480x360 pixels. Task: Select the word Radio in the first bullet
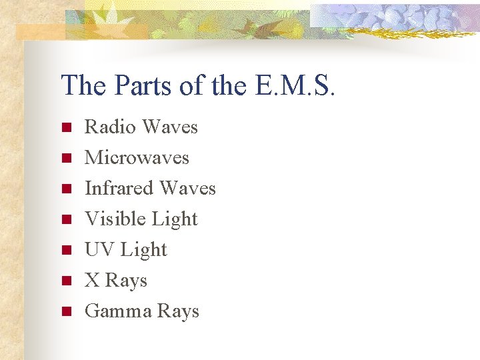tap(110, 127)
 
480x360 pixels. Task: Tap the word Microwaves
tap(137, 157)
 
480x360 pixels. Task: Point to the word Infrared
tap(118, 188)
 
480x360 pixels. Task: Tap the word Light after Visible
tap(175, 219)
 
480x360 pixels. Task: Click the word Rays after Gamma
tap(177, 311)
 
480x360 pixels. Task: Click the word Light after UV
tap(143, 249)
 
